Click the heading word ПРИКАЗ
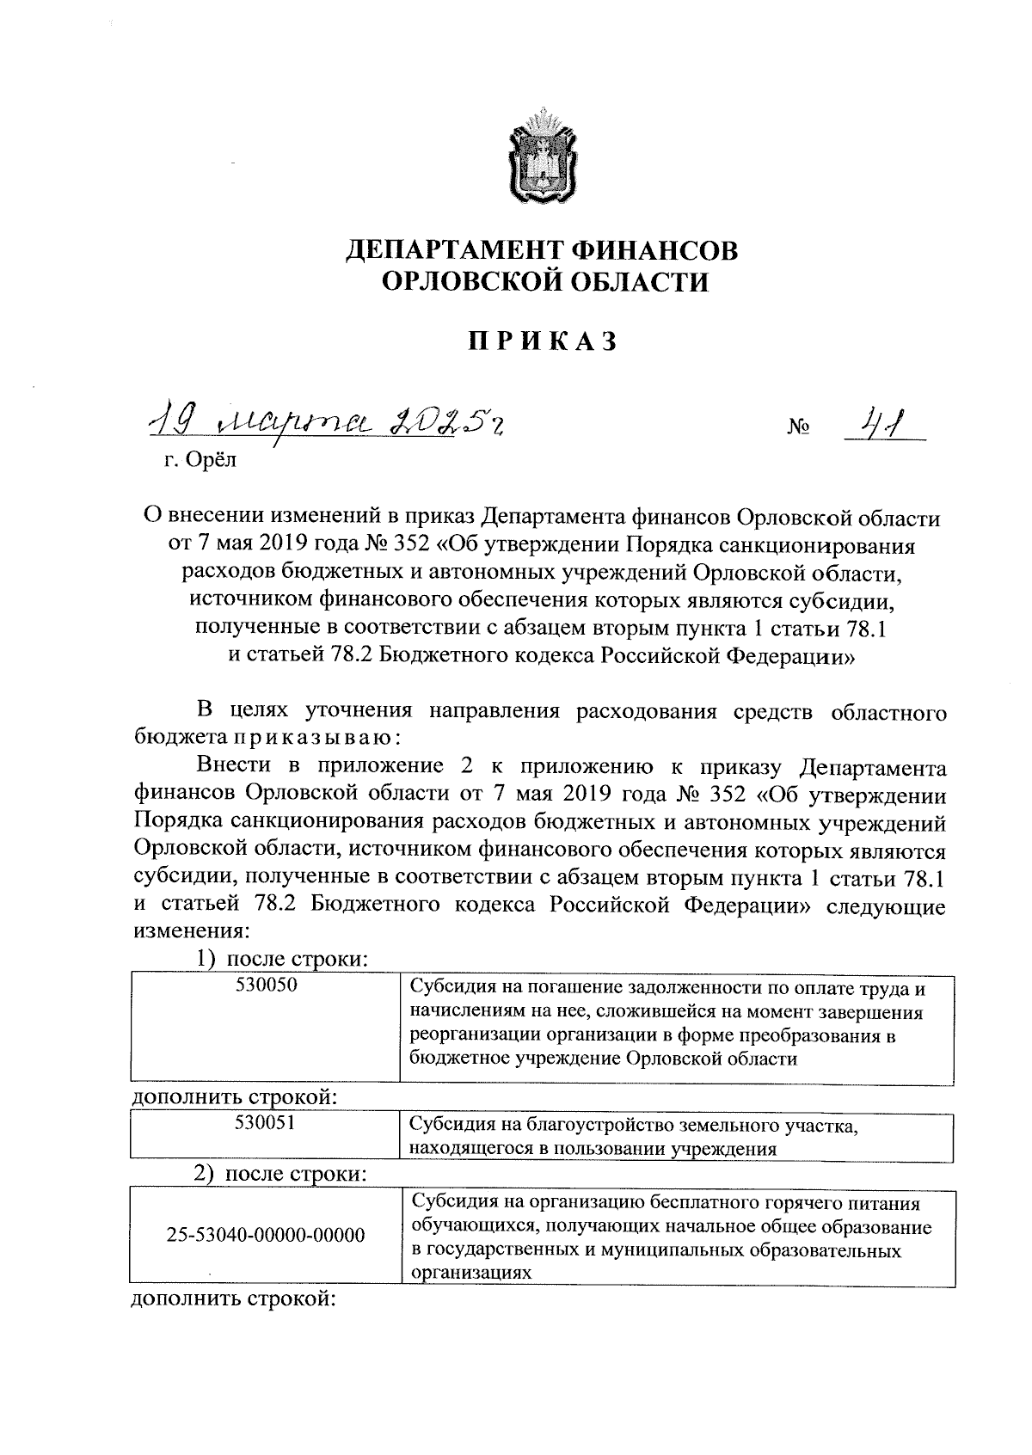click(x=543, y=341)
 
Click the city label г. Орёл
click(x=200, y=460)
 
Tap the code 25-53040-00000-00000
click(x=266, y=1237)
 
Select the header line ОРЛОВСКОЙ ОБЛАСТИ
click(x=543, y=282)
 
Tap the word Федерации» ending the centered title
click(x=791, y=656)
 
